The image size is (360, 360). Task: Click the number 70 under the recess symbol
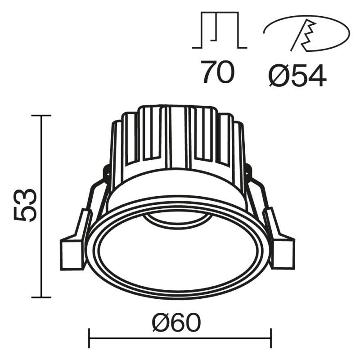[x=218, y=72]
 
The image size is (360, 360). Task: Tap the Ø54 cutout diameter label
[x=297, y=76]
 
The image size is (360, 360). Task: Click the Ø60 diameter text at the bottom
[x=176, y=322]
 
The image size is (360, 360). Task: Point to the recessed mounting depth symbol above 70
[x=219, y=31]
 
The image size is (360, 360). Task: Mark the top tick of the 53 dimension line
[x=41, y=116]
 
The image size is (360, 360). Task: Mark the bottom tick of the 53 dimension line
[x=41, y=297]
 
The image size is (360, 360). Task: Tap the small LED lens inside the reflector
[x=177, y=220]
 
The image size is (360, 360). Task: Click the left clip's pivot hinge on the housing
[x=107, y=171]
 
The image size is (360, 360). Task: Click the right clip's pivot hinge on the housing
[x=248, y=171]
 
